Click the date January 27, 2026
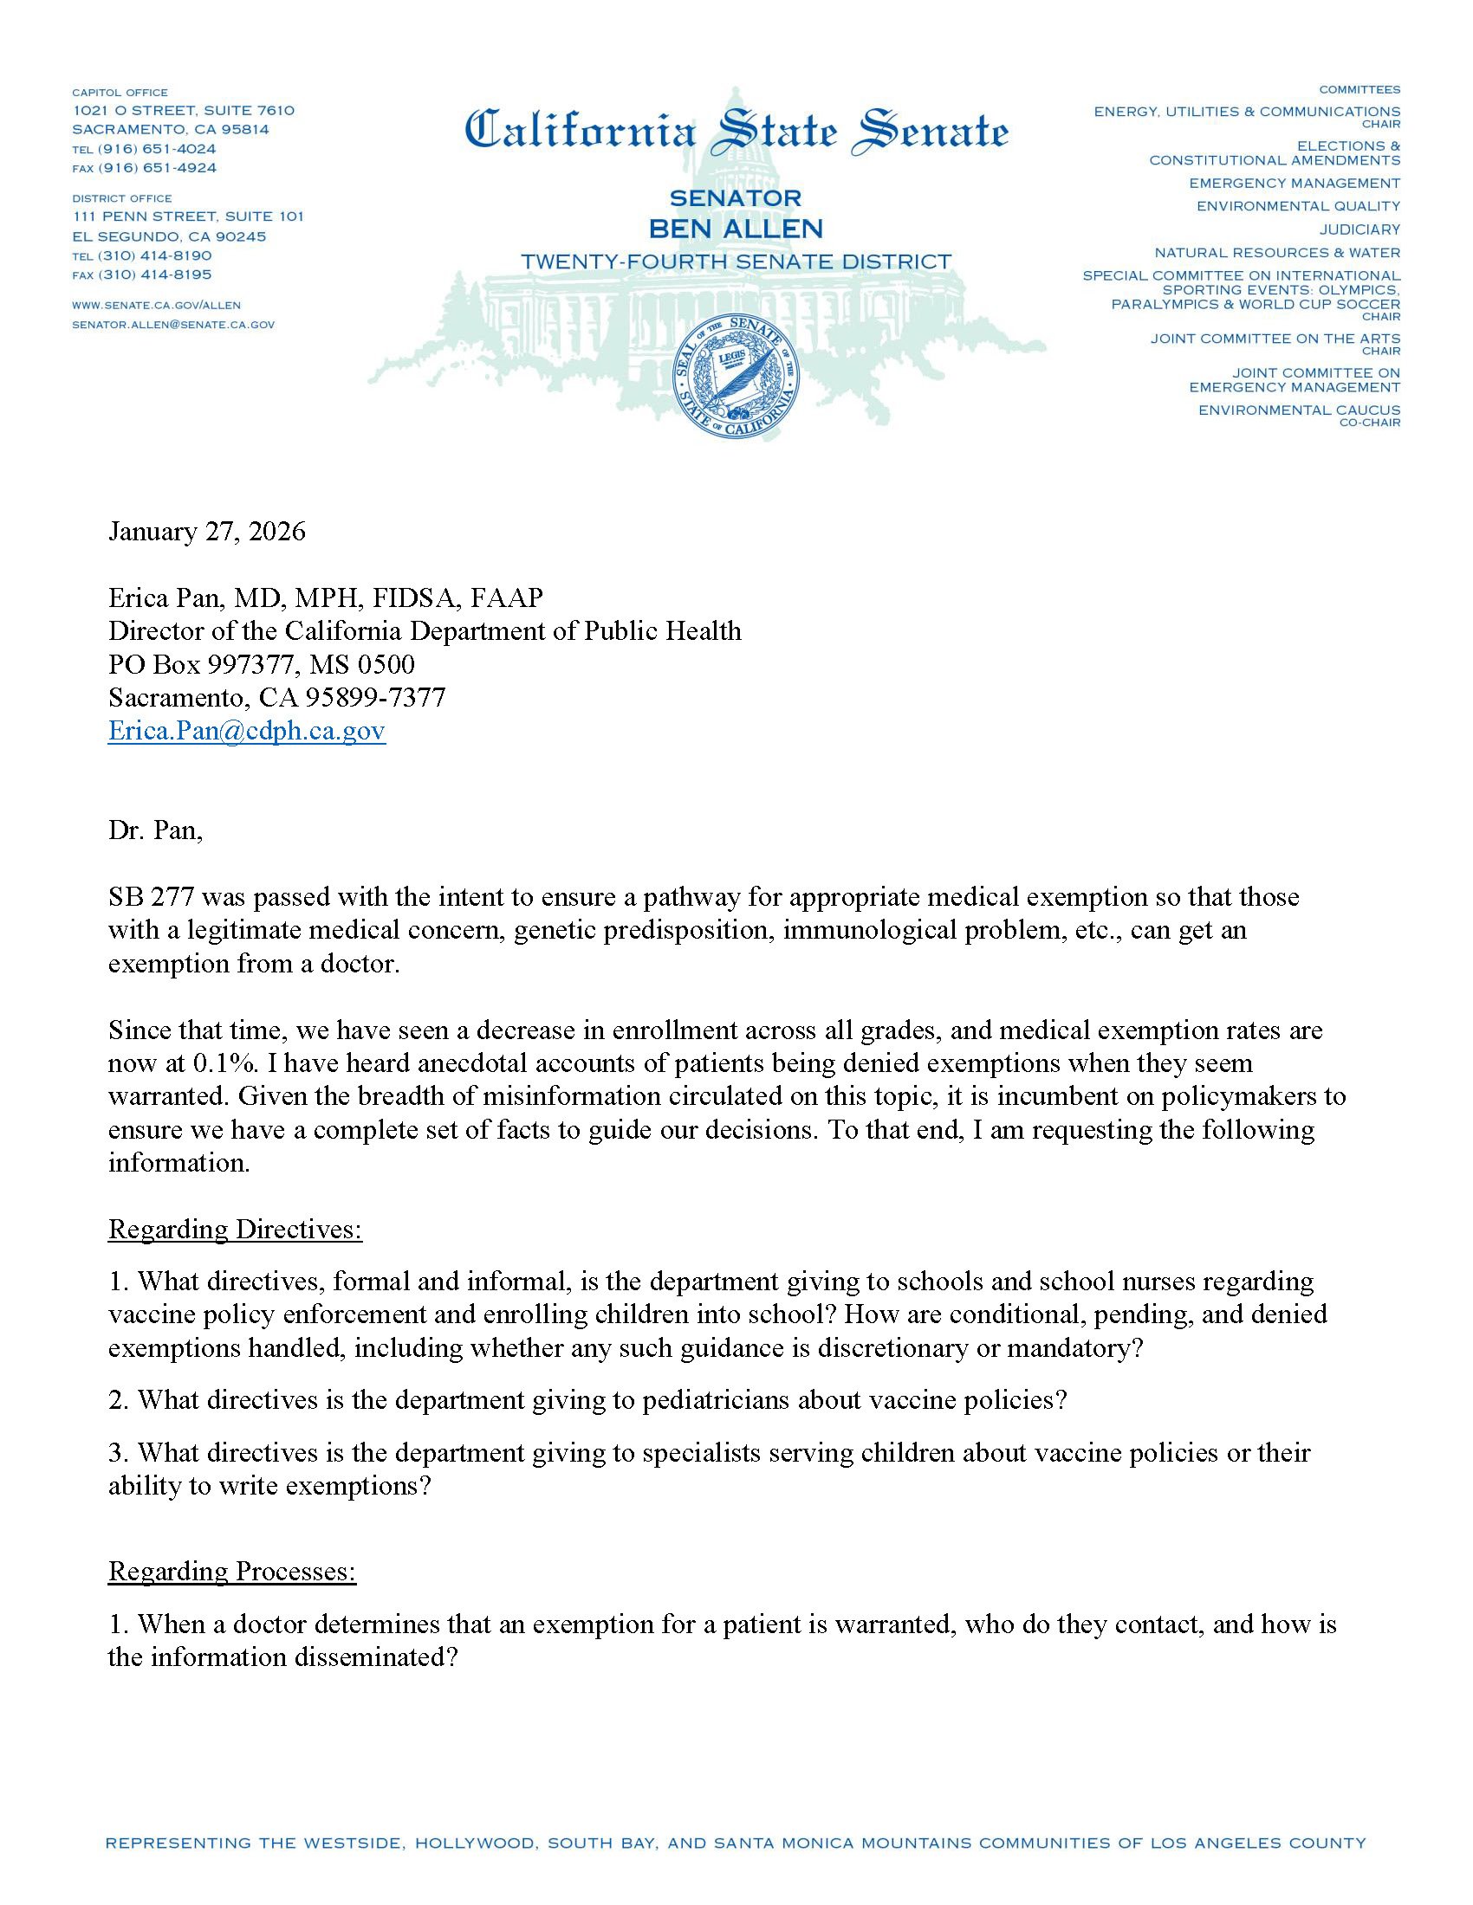[x=207, y=532]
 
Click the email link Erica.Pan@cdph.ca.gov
[x=247, y=731]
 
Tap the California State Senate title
[x=736, y=131]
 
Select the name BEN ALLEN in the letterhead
[x=736, y=229]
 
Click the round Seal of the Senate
[x=736, y=376]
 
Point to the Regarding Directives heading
[x=235, y=1230]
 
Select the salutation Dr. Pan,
[x=155, y=830]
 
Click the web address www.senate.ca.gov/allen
[x=156, y=306]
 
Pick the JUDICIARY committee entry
[x=1359, y=229]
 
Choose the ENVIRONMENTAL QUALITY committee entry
[x=1298, y=207]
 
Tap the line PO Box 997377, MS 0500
[x=261, y=665]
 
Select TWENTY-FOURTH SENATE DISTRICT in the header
[x=736, y=262]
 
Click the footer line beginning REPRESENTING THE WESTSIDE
[x=736, y=1843]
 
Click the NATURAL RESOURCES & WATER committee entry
[x=1276, y=253]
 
